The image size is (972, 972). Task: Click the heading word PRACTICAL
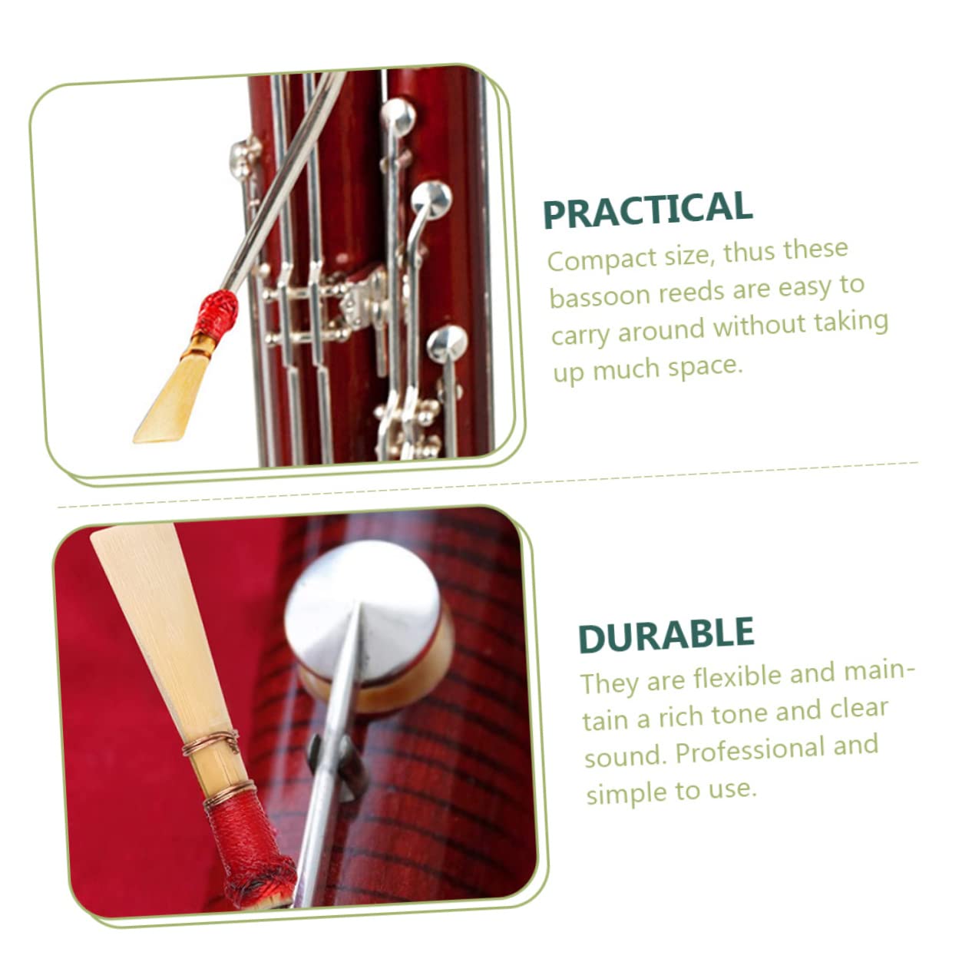(x=647, y=210)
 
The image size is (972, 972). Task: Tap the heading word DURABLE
(x=666, y=635)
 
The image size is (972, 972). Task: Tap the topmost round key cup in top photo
(x=398, y=116)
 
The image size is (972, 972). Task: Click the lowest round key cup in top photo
(x=447, y=342)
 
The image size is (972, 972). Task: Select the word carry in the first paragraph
(x=581, y=334)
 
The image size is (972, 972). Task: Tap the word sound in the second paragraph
(x=623, y=755)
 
